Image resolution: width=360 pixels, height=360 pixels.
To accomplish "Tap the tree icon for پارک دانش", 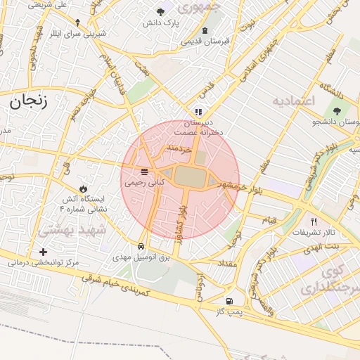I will tap(161, 12).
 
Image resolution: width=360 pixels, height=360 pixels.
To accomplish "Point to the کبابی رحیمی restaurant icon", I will tap(144, 171).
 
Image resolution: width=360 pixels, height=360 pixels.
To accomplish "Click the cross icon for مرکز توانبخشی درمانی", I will tap(44, 252).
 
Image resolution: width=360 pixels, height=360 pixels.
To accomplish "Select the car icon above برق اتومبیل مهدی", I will tap(142, 247).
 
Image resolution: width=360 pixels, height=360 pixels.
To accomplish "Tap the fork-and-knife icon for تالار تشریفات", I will tap(314, 221).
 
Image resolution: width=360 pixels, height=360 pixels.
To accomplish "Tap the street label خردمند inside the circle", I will tap(176, 150).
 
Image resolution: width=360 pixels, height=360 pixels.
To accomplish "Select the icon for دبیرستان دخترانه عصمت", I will tap(198, 111).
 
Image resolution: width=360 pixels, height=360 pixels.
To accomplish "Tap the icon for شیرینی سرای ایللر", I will tap(77, 22).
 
